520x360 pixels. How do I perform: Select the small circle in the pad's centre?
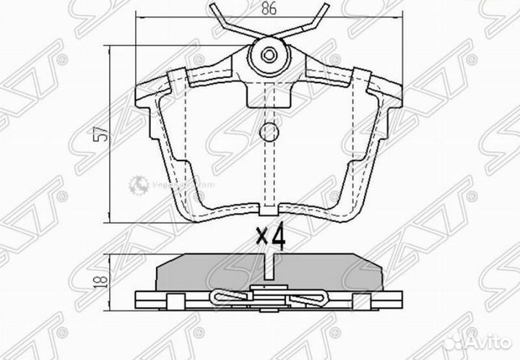[268, 132]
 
